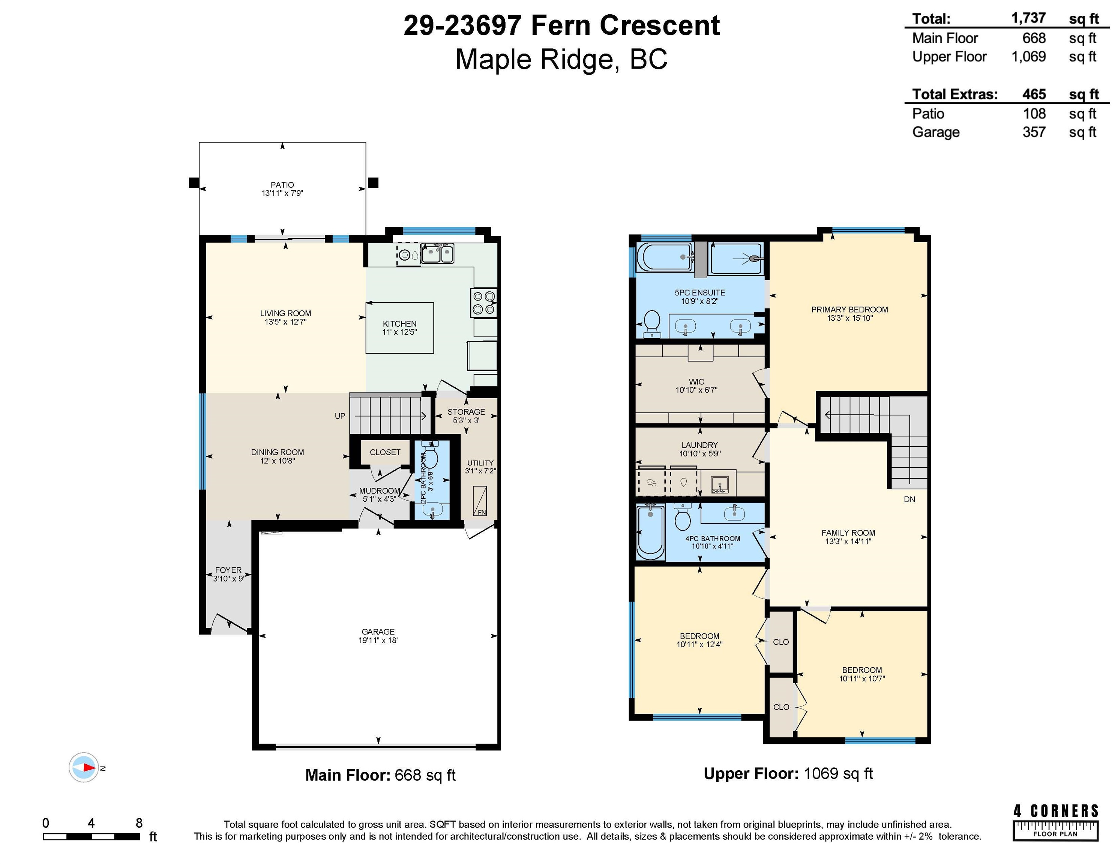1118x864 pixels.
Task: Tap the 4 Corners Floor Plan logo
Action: (1055, 822)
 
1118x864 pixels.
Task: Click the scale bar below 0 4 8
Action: (92, 837)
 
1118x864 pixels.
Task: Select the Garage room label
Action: (378, 631)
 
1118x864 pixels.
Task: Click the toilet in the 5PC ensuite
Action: (652, 324)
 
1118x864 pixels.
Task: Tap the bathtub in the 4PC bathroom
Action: (650, 532)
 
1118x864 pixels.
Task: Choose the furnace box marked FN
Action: (480, 501)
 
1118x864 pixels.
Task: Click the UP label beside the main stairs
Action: (340, 416)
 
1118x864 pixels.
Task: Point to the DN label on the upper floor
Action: (909, 499)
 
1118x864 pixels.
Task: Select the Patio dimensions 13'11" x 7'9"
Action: (282, 193)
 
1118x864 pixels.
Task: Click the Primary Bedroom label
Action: (850, 310)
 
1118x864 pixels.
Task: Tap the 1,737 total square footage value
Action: (1028, 18)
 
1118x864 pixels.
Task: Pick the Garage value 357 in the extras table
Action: (1034, 132)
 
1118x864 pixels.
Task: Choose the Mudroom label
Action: (379, 491)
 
